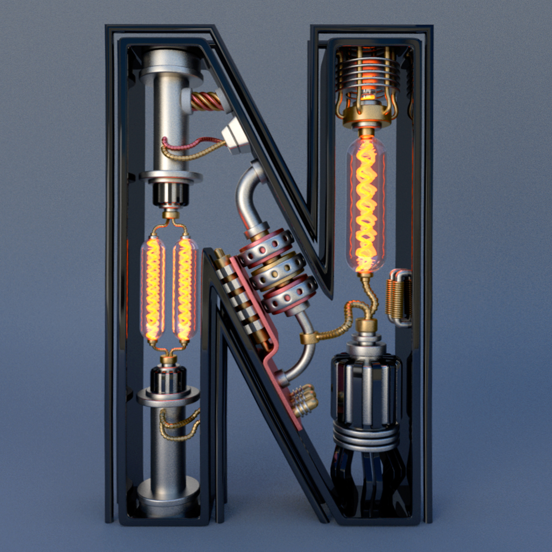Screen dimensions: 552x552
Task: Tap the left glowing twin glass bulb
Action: (153, 288)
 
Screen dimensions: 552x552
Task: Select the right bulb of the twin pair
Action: (185, 288)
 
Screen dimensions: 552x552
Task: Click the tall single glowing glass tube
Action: (366, 204)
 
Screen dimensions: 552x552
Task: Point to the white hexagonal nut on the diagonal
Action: (235, 136)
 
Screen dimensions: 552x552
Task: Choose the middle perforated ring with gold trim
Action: (278, 270)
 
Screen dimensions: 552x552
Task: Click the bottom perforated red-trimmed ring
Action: (290, 294)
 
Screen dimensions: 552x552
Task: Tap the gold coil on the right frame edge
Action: (399, 298)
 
